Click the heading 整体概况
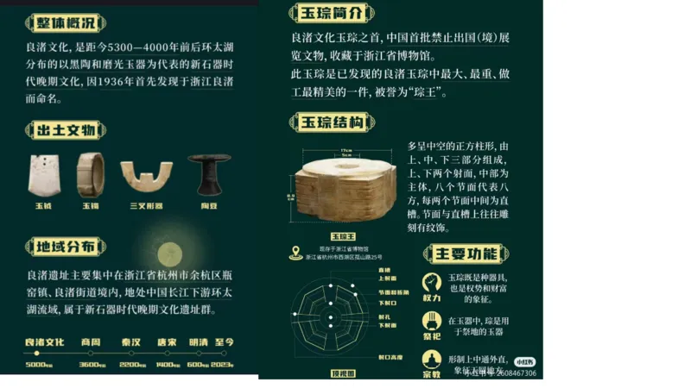(x=65, y=22)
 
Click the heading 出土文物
(x=65, y=131)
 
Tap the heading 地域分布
(x=65, y=247)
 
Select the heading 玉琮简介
(x=331, y=13)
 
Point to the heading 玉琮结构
(x=331, y=122)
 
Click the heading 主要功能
(x=466, y=253)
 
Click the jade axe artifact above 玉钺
(x=43, y=176)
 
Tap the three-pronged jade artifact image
(x=146, y=178)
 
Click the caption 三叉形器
(x=145, y=207)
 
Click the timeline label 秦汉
(x=131, y=341)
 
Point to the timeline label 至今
(x=224, y=341)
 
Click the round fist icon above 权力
(x=432, y=282)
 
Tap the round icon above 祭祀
(x=432, y=321)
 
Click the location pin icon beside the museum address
(x=295, y=253)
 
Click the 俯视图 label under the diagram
(x=344, y=373)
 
